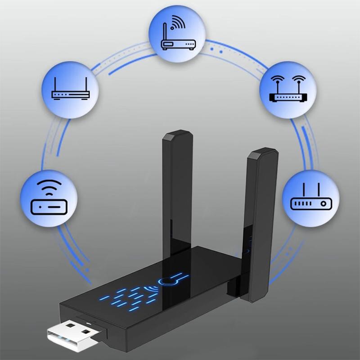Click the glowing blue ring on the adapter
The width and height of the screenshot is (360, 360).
pyautogui.click(x=167, y=282)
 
